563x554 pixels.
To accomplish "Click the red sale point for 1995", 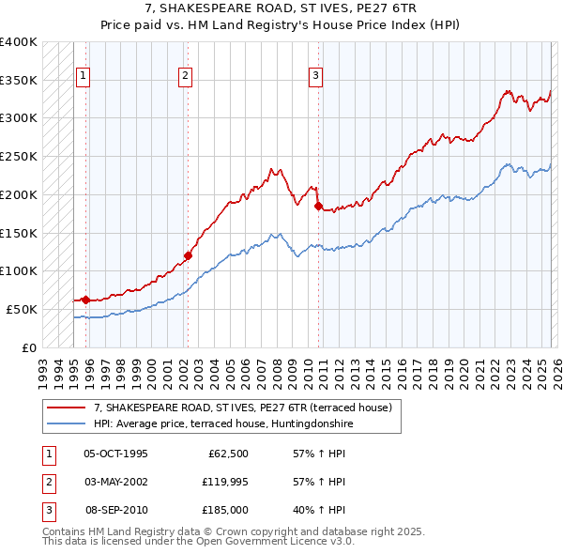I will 85,300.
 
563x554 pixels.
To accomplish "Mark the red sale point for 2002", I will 188,255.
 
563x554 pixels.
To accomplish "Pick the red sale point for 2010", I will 318,206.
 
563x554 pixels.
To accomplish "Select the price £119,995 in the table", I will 225,482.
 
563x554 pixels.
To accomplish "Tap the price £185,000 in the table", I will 225,510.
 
